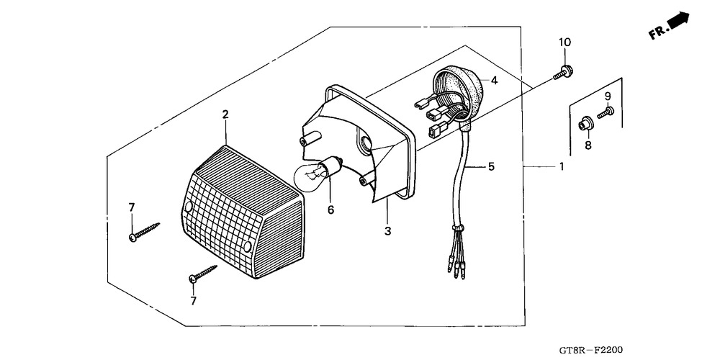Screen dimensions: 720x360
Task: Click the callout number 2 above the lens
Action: tap(225, 114)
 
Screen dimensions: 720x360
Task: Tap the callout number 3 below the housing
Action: tap(388, 231)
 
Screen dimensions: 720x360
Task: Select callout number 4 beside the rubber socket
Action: tap(494, 81)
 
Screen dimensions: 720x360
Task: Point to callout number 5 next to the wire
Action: tap(491, 166)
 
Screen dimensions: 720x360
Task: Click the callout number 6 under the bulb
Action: tap(330, 210)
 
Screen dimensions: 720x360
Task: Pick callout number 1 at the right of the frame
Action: tap(561, 166)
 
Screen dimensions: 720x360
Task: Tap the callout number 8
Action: tap(588, 145)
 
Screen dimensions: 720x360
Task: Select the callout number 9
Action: tap(608, 96)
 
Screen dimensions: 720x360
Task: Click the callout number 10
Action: tap(564, 42)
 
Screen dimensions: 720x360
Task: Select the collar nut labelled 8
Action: tap(585, 123)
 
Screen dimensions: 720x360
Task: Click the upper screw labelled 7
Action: tap(144, 232)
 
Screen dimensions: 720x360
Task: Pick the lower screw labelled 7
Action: tap(203, 274)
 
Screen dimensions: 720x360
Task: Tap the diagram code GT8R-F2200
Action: tap(590, 351)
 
